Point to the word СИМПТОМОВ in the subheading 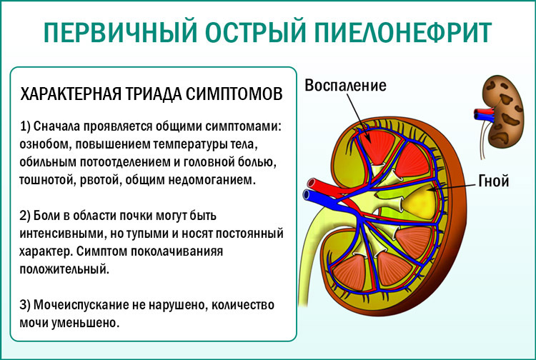[237, 94]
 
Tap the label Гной [493, 181]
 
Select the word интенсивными [63, 234]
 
